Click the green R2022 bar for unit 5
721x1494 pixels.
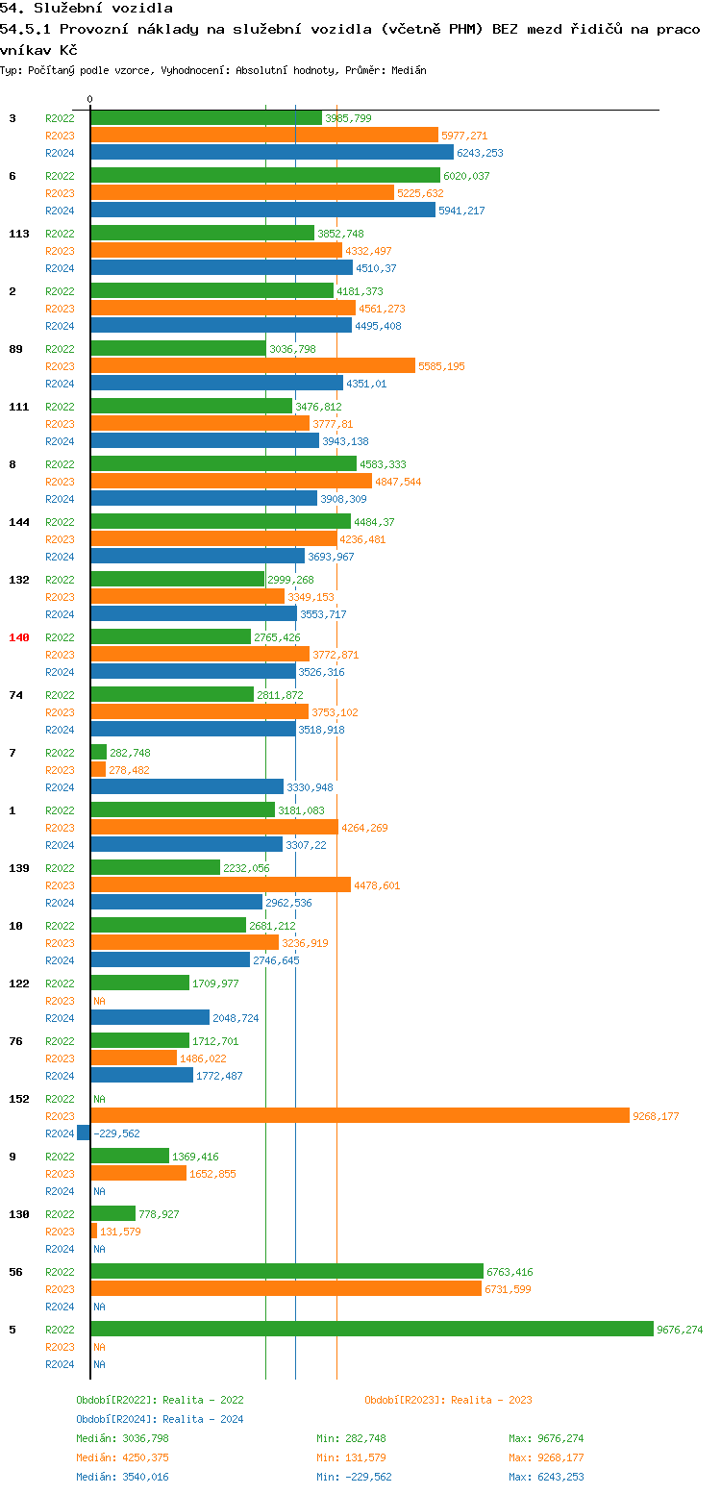tap(372, 1329)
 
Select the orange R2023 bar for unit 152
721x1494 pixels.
tap(360, 1116)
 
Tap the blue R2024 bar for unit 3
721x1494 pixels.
tap(272, 152)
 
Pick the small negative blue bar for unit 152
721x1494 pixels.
tap(84, 1133)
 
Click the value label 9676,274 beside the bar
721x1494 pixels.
tap(680, 1330)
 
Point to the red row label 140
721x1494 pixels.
tap(19, 637)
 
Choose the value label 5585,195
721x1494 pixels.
tap(441, 366)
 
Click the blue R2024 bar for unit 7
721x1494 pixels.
tap(187, 786)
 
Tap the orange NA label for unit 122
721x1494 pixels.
tap(99, 1001)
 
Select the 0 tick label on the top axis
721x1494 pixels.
tap(90, 99)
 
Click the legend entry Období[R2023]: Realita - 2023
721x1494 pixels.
tap(448, 1400)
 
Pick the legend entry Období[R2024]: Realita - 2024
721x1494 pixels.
tap(160, 1419)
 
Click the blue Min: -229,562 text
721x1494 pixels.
tap(354, 1477)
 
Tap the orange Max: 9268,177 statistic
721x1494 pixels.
tap(546, 1457)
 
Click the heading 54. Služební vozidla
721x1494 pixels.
tap(87, 8)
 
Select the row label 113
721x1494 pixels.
tap(19, 234)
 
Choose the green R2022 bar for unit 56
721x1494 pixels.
tap(286, 1271)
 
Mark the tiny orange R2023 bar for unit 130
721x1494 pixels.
tap(94, 1231)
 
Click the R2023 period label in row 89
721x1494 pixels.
tap(60, 366)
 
